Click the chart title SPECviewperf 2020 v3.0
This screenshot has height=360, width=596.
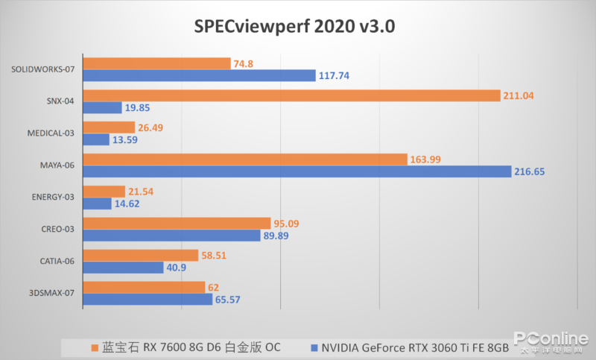(x=294, y=27)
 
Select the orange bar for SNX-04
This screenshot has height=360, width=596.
(x=291, y=95)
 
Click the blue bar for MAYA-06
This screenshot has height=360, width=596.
(x=297, y=171)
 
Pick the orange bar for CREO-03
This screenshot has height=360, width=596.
(x=177, y=224)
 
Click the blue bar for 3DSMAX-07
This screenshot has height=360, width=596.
(x=148, y=300)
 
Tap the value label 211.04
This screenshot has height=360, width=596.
(x=519, y=95)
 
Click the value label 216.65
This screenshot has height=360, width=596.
(x=530, y=171)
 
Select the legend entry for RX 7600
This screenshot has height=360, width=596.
(x=186, y=347)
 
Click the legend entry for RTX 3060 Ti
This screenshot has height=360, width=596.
(x=410, y=347)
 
